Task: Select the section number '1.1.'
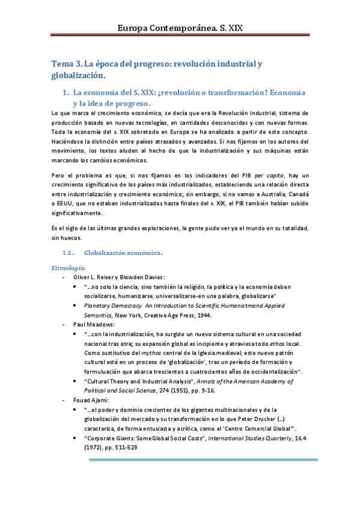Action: (71, 252)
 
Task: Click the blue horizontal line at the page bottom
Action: (203, 461)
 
